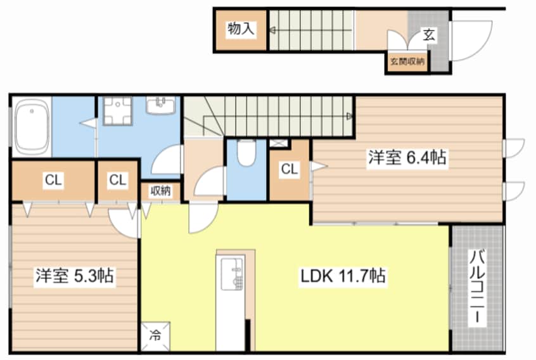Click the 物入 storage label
pos(241,29)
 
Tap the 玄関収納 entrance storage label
pos(407,61)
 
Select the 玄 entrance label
pos(429,34)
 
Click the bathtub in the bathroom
pos(32,127)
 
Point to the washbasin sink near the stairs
pos(161,105)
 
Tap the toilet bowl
pos(246,153)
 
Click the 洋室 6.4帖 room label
pos(407,158)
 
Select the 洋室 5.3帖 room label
pos(75,276)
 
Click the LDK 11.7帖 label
pos(343,276)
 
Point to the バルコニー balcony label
pos(477,287)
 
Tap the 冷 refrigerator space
pos(155,336)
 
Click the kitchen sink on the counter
pos(233,274)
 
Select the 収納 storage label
pos(160,191)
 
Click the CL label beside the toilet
pos(290,169)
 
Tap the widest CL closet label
pos(53,180)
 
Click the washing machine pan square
pos(118,111)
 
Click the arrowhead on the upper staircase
pos(272,30)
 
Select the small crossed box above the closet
pos(279,143)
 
